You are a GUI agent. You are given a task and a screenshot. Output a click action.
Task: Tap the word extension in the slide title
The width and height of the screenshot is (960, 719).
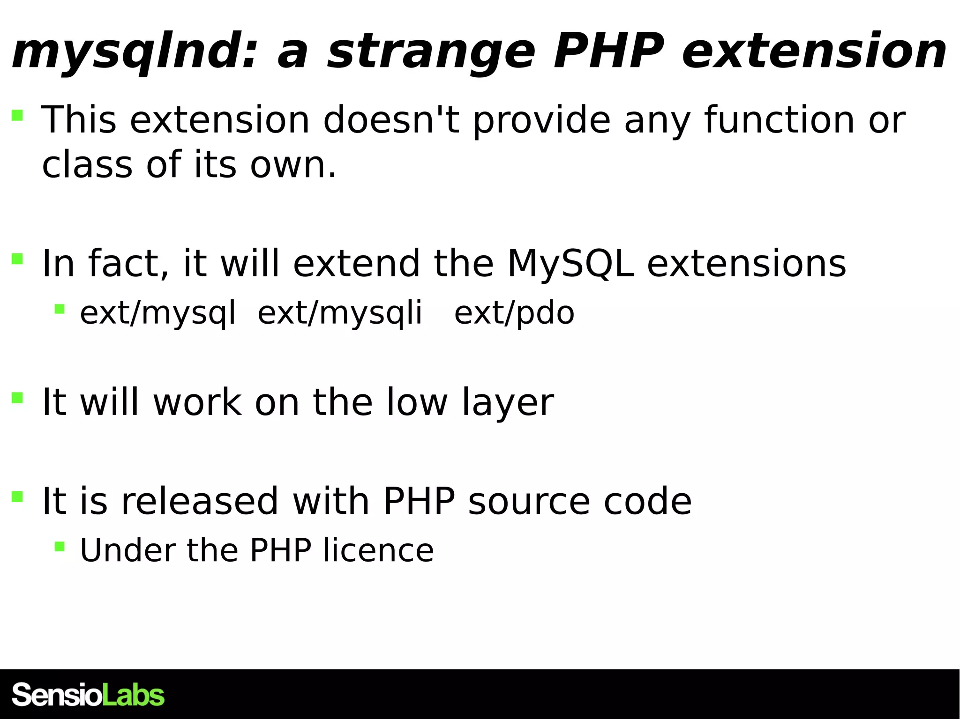coord(814,52)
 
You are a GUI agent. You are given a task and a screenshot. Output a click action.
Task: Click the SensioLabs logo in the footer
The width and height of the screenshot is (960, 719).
coord(88,695)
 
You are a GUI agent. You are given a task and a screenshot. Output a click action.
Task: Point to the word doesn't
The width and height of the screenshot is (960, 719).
coord(391,120)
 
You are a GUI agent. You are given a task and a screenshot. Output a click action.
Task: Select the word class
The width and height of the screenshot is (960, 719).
coord(87,165)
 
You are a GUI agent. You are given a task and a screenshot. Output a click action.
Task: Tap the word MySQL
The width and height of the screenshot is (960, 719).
coord(570,263)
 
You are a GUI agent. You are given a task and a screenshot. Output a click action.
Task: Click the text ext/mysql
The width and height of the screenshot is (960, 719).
coord(157,313)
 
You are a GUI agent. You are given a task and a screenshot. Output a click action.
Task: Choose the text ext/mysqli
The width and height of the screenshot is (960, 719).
coord(340,313)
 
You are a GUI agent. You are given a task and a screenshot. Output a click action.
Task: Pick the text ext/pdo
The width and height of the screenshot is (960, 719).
coord(514,313)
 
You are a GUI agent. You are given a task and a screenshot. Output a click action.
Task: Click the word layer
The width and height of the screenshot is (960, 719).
coord(508,402)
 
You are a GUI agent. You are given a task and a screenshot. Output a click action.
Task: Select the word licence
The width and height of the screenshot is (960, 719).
coord(378,550)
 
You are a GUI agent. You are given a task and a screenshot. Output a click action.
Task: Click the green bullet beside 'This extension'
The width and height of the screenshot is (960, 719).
coord(17,115)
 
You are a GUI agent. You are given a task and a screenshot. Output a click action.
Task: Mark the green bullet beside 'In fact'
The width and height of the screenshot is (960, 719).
coord(17,259)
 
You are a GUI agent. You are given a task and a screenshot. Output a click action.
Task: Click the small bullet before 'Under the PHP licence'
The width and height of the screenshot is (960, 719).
coord(60,546)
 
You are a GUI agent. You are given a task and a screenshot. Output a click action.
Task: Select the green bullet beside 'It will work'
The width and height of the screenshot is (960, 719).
coord(17,398)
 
